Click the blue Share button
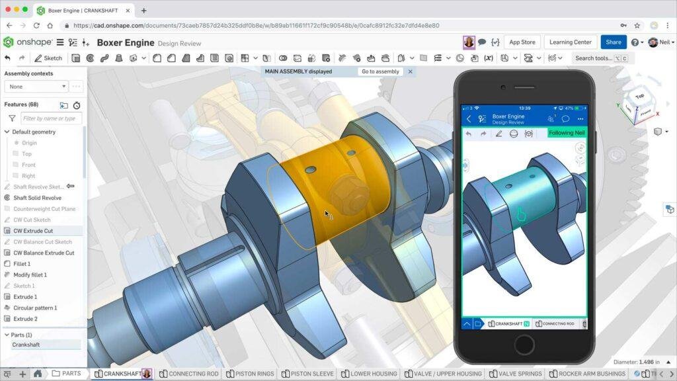pyautogui.click(x=614, y=42)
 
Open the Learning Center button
pyautogui.click(x=571, y=42)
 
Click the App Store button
pyautogui.click(x=522, y=42)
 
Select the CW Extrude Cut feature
pyautogui.click(x=33, y=231)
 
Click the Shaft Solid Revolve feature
pyautogui.click(x=37, y=198)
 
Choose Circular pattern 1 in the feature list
pyautogui.click(x=35, y=308)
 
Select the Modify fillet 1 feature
pyautogui.click(x=30, y=275)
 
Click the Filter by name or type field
pyautogui.click(x=51, y=118)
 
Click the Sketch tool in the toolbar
pyautogui.click(x=48, y=58)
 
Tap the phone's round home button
pyautogui.click(x=524, y=345)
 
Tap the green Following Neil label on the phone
pyautogui.click(x=567, y=133)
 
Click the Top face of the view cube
pyautogui.click(x=639, y=97)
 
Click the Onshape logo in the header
pyautogui.click(x=27, y=42)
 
